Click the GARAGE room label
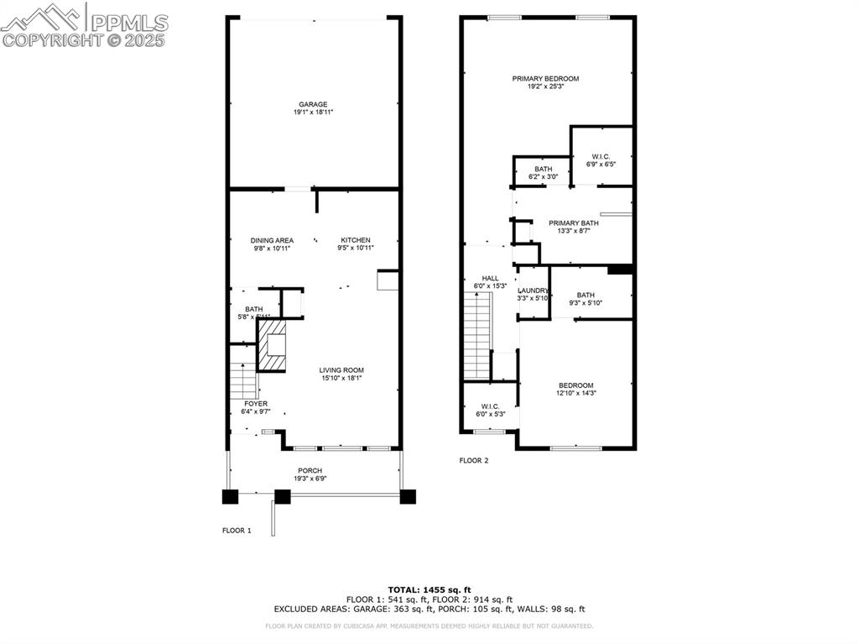tap(313, 105)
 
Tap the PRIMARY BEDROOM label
tap(545, 79)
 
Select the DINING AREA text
tap(272, 240)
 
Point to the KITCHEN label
tap(355, 240)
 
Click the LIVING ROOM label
tap(341, 370)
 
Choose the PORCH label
tap(310, 470)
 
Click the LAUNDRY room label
tap(533, 291)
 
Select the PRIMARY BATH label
tap(574, 223)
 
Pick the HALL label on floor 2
tap(490, 278)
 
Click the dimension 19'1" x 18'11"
tap(313, 113)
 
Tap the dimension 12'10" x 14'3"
tap(575, 393)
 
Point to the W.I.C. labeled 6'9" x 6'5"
tap(601, 156)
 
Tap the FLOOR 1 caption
tap(237, 531)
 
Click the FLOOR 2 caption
tap(473, 460)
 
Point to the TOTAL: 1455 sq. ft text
tap(429, 589)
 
